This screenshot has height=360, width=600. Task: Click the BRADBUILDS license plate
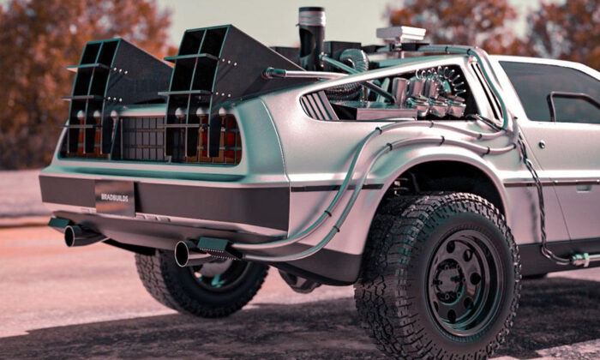pos(115,198)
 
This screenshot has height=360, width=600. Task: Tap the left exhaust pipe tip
pos(70,236)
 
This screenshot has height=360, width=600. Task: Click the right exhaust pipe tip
pos(182,253)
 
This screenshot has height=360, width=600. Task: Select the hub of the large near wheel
pos(465,282)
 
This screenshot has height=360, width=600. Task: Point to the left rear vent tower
pos(115,96)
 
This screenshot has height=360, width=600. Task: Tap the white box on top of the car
pos(400,33)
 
